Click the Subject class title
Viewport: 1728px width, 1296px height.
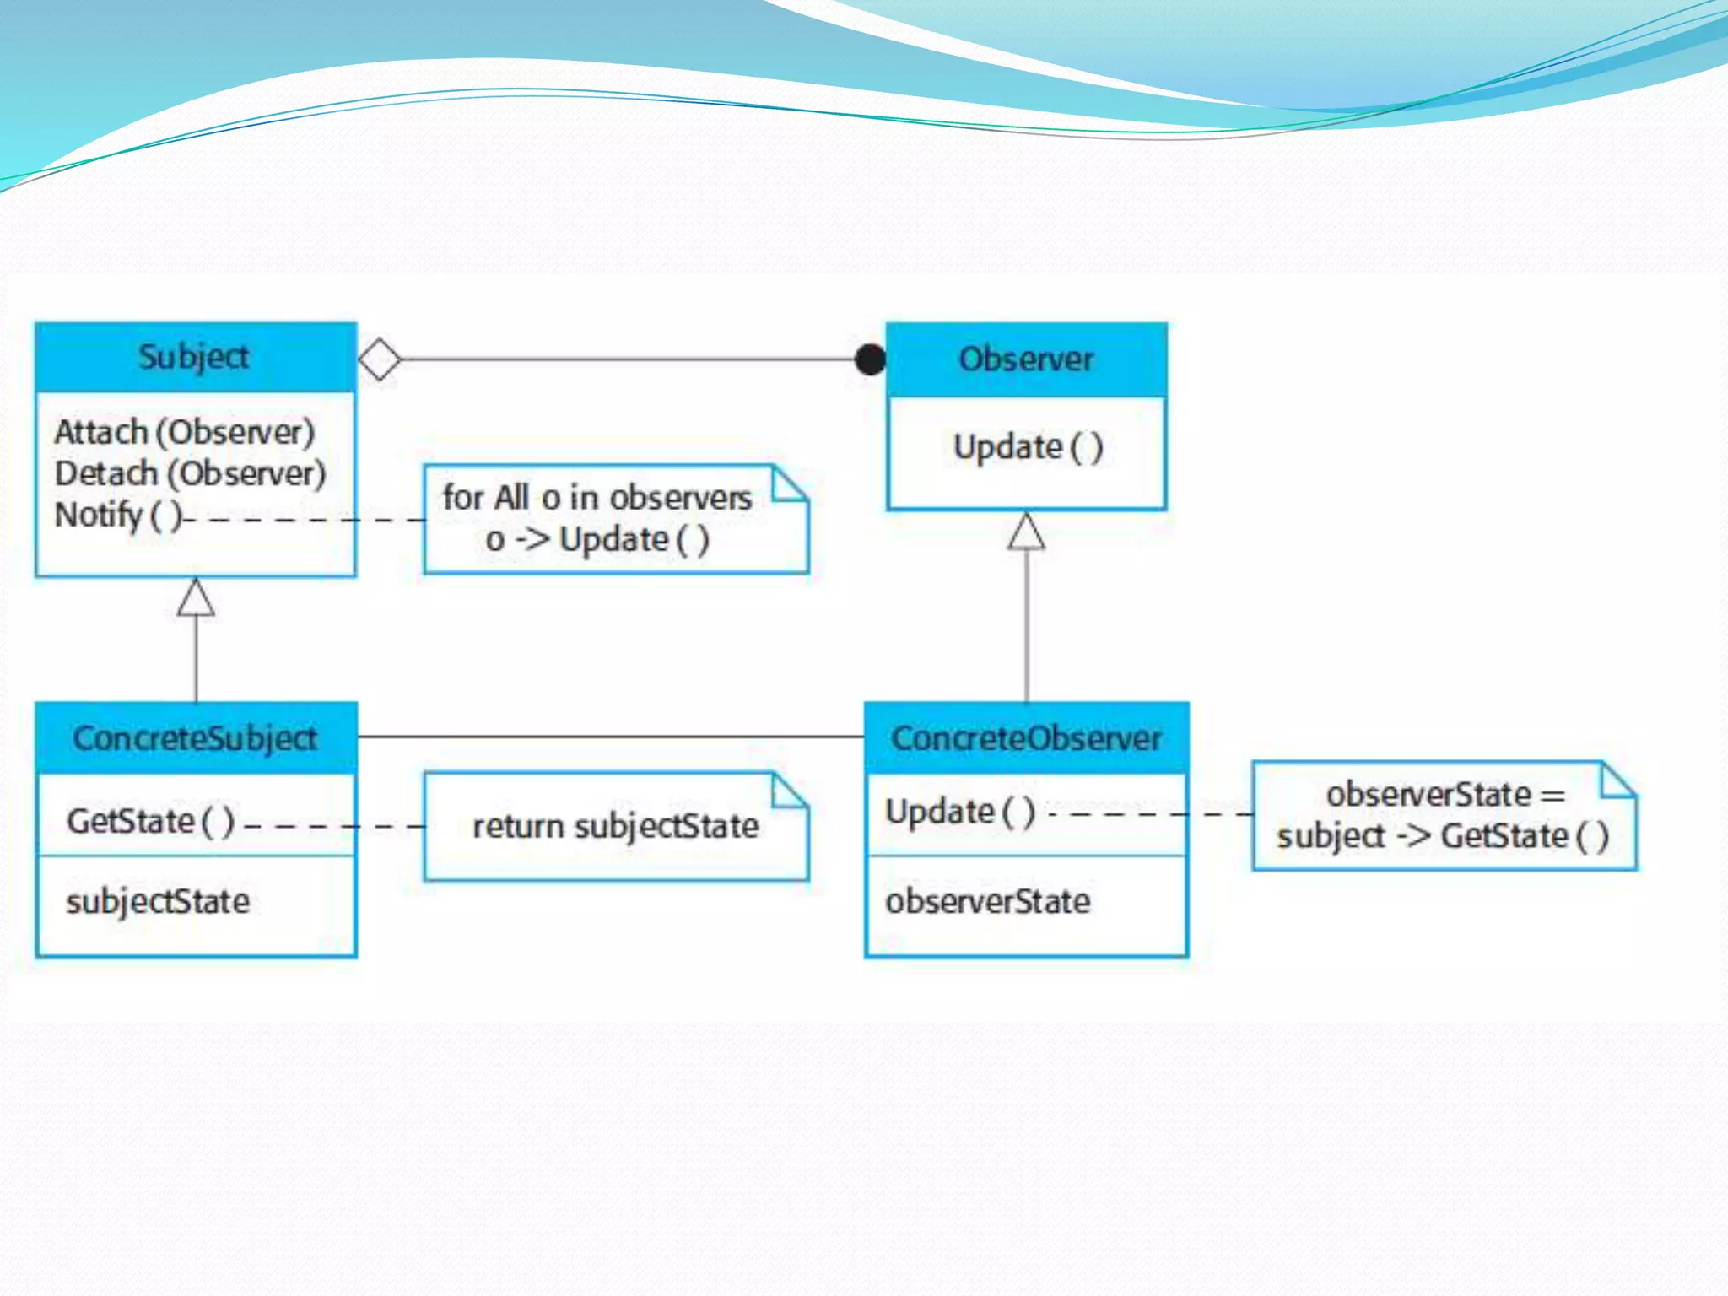(x=194, y=357)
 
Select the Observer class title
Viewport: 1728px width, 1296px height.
(x=1026, y=359)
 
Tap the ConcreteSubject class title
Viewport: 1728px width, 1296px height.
(x=195, y=738)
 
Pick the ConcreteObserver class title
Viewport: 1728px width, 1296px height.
(x=1026, y=738)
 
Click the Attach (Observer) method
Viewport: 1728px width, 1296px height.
(x=185, y=432)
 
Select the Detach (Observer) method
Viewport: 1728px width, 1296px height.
(x=190, y=473)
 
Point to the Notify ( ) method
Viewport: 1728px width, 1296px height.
(x=117, y=515)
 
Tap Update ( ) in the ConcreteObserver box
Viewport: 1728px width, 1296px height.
(x=959, y=812)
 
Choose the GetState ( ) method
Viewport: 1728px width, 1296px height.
(x=150, y=821)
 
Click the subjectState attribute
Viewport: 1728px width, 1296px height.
(x=158, y=901)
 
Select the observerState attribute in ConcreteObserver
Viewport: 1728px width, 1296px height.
(x=987, y=901)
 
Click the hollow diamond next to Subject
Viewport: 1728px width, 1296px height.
(x=380, y=359)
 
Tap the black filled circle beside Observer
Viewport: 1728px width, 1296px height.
(x=870, y=359)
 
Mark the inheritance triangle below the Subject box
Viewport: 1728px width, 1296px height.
(x=196, y=598)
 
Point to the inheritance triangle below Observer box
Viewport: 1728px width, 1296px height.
(x=1026, y=532)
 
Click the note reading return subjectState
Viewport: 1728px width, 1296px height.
(x=615, y=826)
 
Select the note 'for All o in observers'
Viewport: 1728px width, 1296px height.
(x=615, y=519)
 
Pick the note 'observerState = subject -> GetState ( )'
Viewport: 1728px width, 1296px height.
(x=1444, y=815)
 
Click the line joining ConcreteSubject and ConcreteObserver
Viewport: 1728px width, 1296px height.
(x=611, y=737)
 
